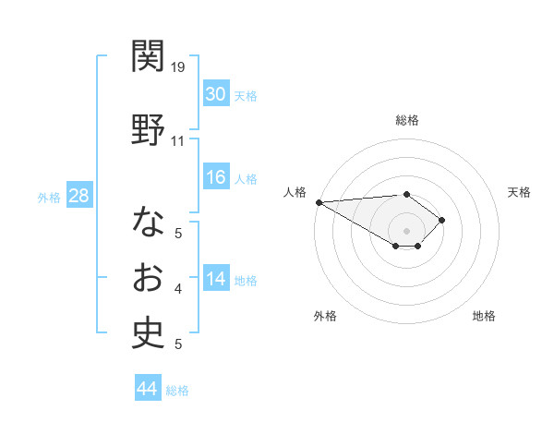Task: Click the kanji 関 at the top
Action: pos(148,57)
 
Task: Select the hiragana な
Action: pos(148,222)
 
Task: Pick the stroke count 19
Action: pos(178,66)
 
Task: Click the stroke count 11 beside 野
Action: pos(177,140)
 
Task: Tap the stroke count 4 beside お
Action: pos(177,289)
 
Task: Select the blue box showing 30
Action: pos(215,94)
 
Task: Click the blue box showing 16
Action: pos(215,177)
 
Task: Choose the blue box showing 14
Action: pos(215,280)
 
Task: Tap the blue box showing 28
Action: pos(78,196)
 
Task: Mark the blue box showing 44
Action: pos(147,389)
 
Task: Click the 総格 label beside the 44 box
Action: pos(177,391)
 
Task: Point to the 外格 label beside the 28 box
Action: pos(49,197)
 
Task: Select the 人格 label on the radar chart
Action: pos(295,192)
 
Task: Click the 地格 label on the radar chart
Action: pos(484,316)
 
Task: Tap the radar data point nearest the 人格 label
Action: pos(319,202)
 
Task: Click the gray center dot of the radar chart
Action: pos(406,230)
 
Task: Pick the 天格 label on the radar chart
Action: pos(520,192)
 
